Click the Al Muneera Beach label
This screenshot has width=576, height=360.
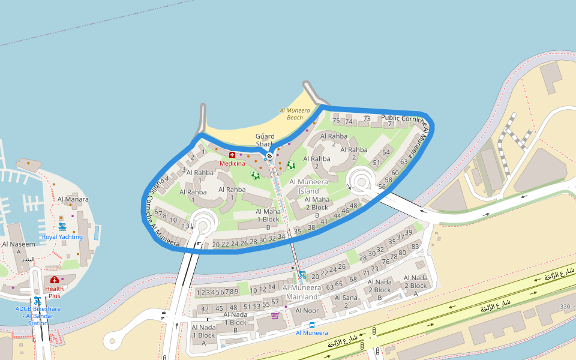click(x=295, y=114)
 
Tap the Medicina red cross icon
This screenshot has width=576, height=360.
click(x=232, y=155)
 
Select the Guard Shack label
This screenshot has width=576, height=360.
click(x=265, y=140)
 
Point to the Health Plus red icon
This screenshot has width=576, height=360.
click(x=55, y=280)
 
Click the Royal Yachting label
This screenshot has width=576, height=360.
click(x=62, y=236)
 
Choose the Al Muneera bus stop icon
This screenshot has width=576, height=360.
click(x=312, y=325)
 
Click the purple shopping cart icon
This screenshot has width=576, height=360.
click(x=275, y=315)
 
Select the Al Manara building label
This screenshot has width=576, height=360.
click(x=73, y=199)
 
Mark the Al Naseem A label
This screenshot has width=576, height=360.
click(x=19, y=248)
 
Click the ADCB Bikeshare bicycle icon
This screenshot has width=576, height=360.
click(x=37, y=301)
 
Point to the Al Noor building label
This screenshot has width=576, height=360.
click(x=307, y=310)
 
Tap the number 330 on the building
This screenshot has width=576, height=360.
click(x=565, y=307)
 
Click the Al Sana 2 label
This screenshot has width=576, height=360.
click(x=346, y=302)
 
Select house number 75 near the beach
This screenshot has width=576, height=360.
click(x=336, y=121)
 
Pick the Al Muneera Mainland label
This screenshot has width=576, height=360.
click(x=302, y=292)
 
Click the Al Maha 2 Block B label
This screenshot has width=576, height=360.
click(x=317, y=207)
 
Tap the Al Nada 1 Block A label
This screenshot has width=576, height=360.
click(x=203, y=335)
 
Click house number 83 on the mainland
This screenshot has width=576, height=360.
click(x=415, y=247)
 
